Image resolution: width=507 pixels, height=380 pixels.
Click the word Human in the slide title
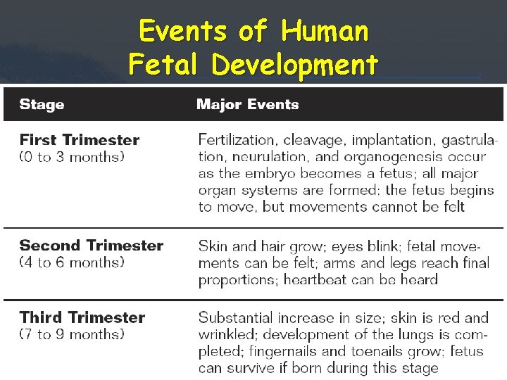tap(324, 31)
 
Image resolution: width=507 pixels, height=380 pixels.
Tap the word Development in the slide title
tap(294, 65)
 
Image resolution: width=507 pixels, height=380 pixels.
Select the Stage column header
tap(42, 105)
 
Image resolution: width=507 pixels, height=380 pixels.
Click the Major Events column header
tap(247, 105)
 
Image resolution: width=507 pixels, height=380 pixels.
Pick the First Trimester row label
tap(79, 140)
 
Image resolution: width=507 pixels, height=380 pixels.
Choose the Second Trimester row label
tap(91, 246)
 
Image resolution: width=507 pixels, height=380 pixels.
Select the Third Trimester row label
tap(82, 317)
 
